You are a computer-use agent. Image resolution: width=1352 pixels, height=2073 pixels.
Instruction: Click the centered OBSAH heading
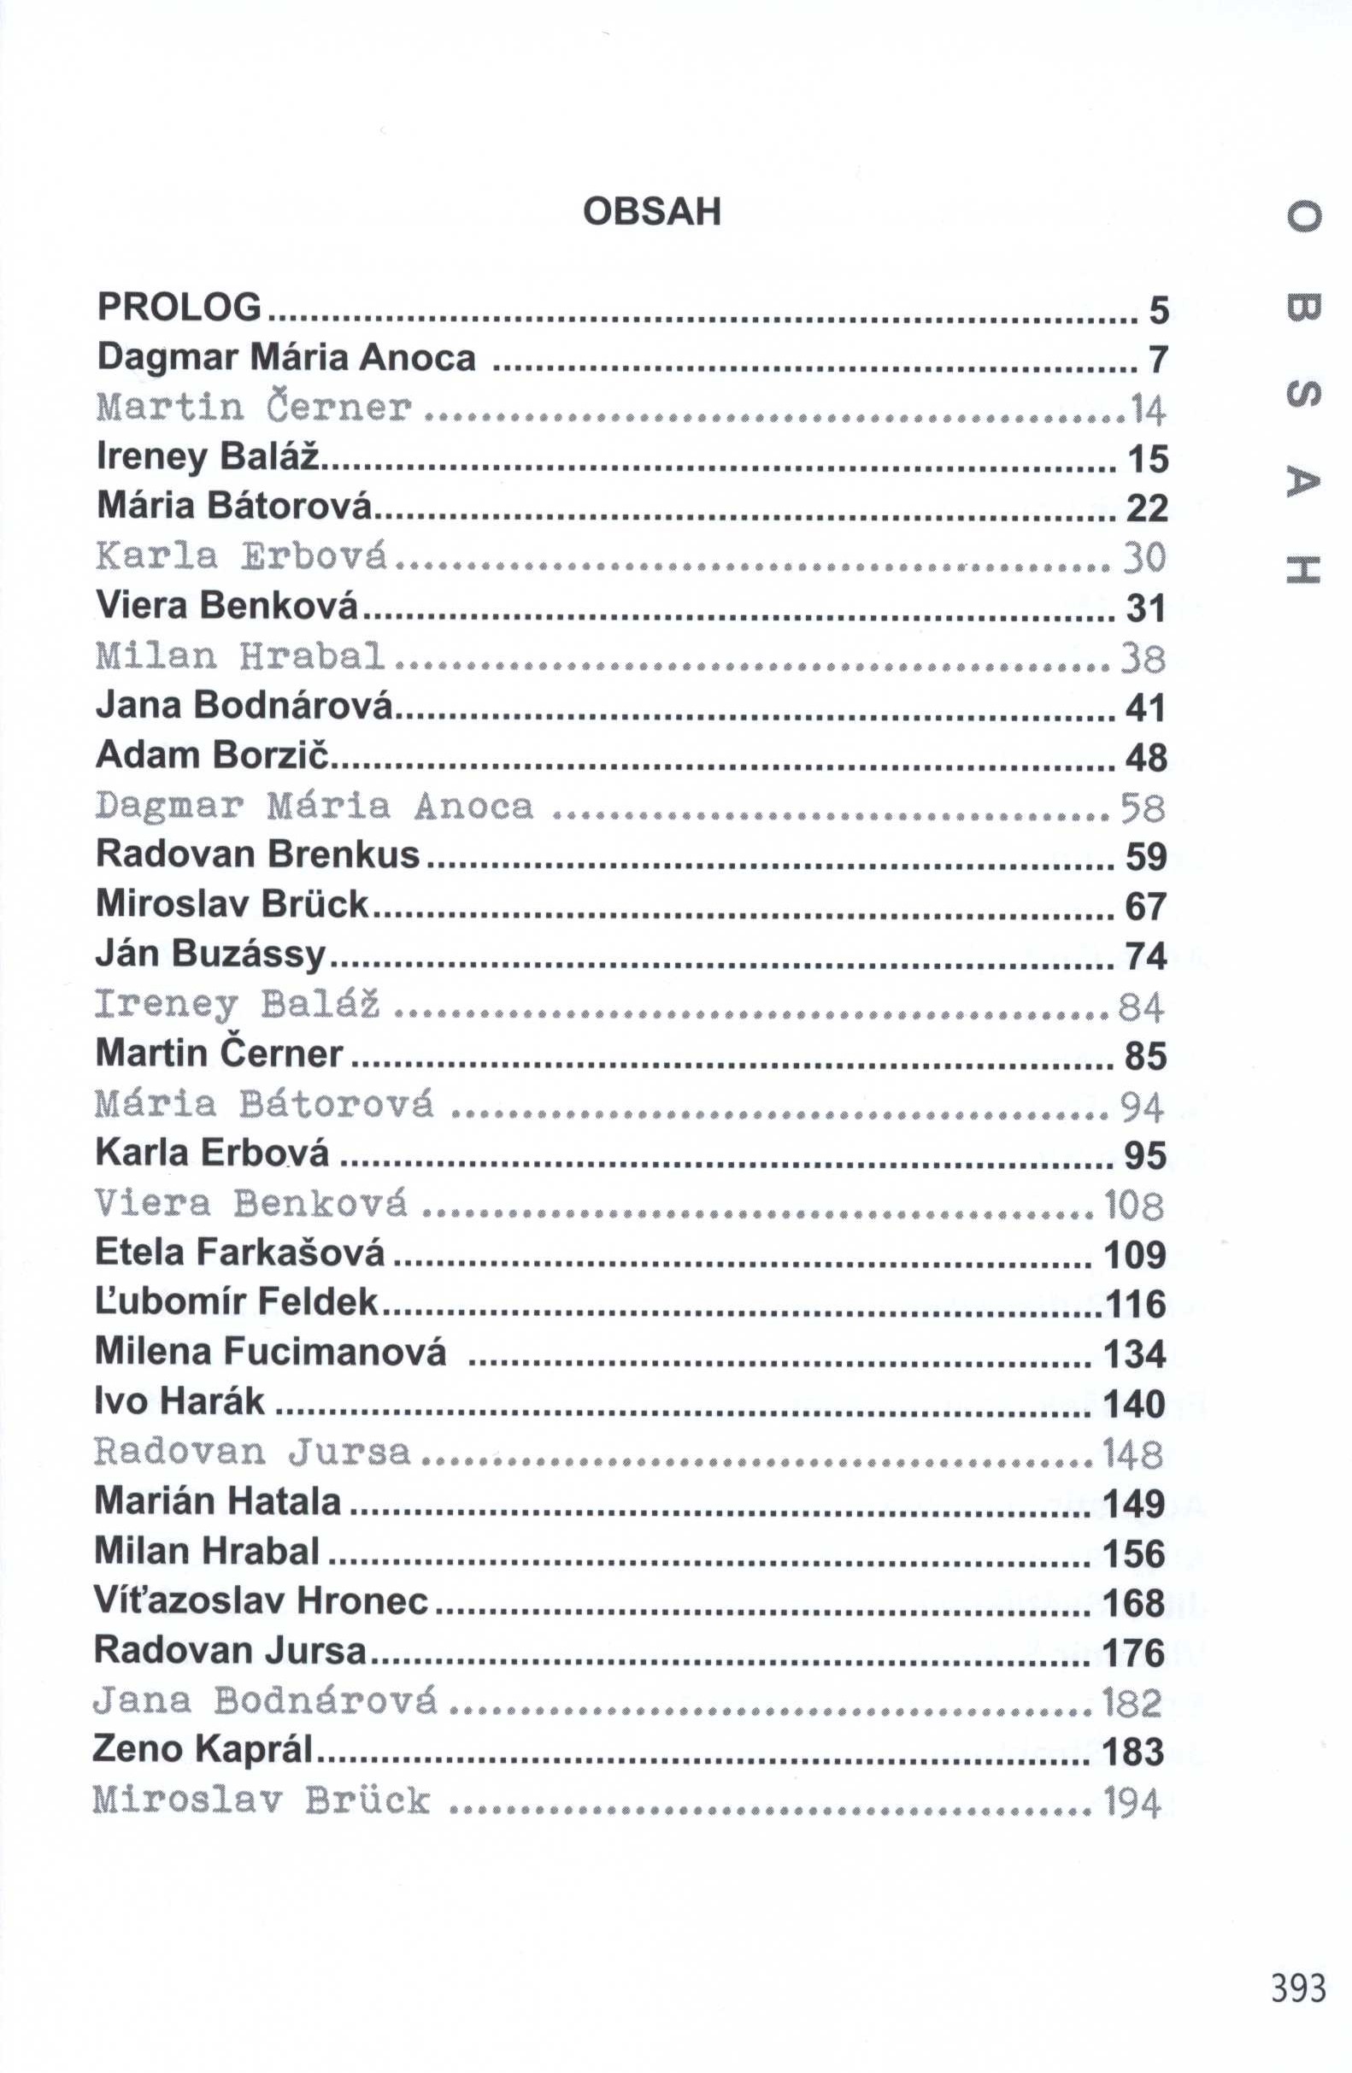651,212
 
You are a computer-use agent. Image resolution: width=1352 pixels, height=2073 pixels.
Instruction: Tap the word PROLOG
179,307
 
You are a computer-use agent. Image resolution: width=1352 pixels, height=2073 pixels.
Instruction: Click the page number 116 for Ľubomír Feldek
1135,1304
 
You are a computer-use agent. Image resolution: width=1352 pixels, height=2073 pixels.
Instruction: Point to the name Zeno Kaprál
203,1749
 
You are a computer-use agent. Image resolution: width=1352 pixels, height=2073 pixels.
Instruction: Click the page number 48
1145,758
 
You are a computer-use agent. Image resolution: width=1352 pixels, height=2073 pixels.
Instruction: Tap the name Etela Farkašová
239,1252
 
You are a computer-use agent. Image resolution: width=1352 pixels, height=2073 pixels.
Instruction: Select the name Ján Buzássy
211,954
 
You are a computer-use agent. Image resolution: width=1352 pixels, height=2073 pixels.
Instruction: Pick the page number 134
1134,1354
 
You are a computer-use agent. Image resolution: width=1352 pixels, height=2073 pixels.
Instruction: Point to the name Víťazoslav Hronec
261,1600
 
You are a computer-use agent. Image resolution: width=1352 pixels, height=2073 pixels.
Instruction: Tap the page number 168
1133,1604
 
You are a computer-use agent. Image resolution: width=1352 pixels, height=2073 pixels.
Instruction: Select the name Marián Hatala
218,1500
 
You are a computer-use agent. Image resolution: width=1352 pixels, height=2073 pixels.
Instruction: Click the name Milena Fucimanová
271,1351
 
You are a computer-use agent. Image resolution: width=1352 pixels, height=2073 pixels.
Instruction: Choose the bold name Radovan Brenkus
258,854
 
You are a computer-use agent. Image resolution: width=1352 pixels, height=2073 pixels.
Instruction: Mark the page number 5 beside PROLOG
1158,310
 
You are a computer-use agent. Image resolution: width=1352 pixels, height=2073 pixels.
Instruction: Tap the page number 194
1132,1802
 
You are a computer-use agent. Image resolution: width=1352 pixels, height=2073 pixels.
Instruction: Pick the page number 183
1132,1752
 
